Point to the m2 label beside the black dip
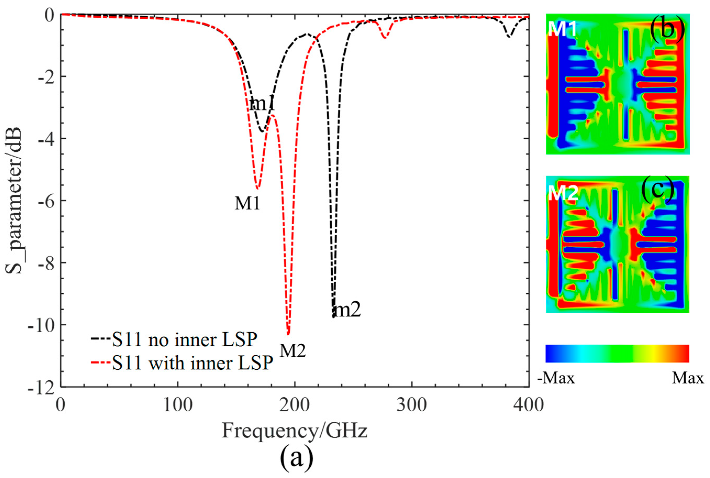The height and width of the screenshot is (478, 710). click(x=347, y=310)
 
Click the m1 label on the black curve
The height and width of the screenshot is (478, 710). click(x=262, y=104)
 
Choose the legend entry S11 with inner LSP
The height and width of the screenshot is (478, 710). click(x=182, y=363)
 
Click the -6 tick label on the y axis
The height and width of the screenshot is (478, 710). click(x=45, y=201)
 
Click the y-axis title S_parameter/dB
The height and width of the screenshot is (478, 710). click(x=14, y=200)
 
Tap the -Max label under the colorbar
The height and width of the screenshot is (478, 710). click(x=556, y=378)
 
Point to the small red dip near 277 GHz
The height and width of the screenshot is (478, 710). click(x=385, y=37)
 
